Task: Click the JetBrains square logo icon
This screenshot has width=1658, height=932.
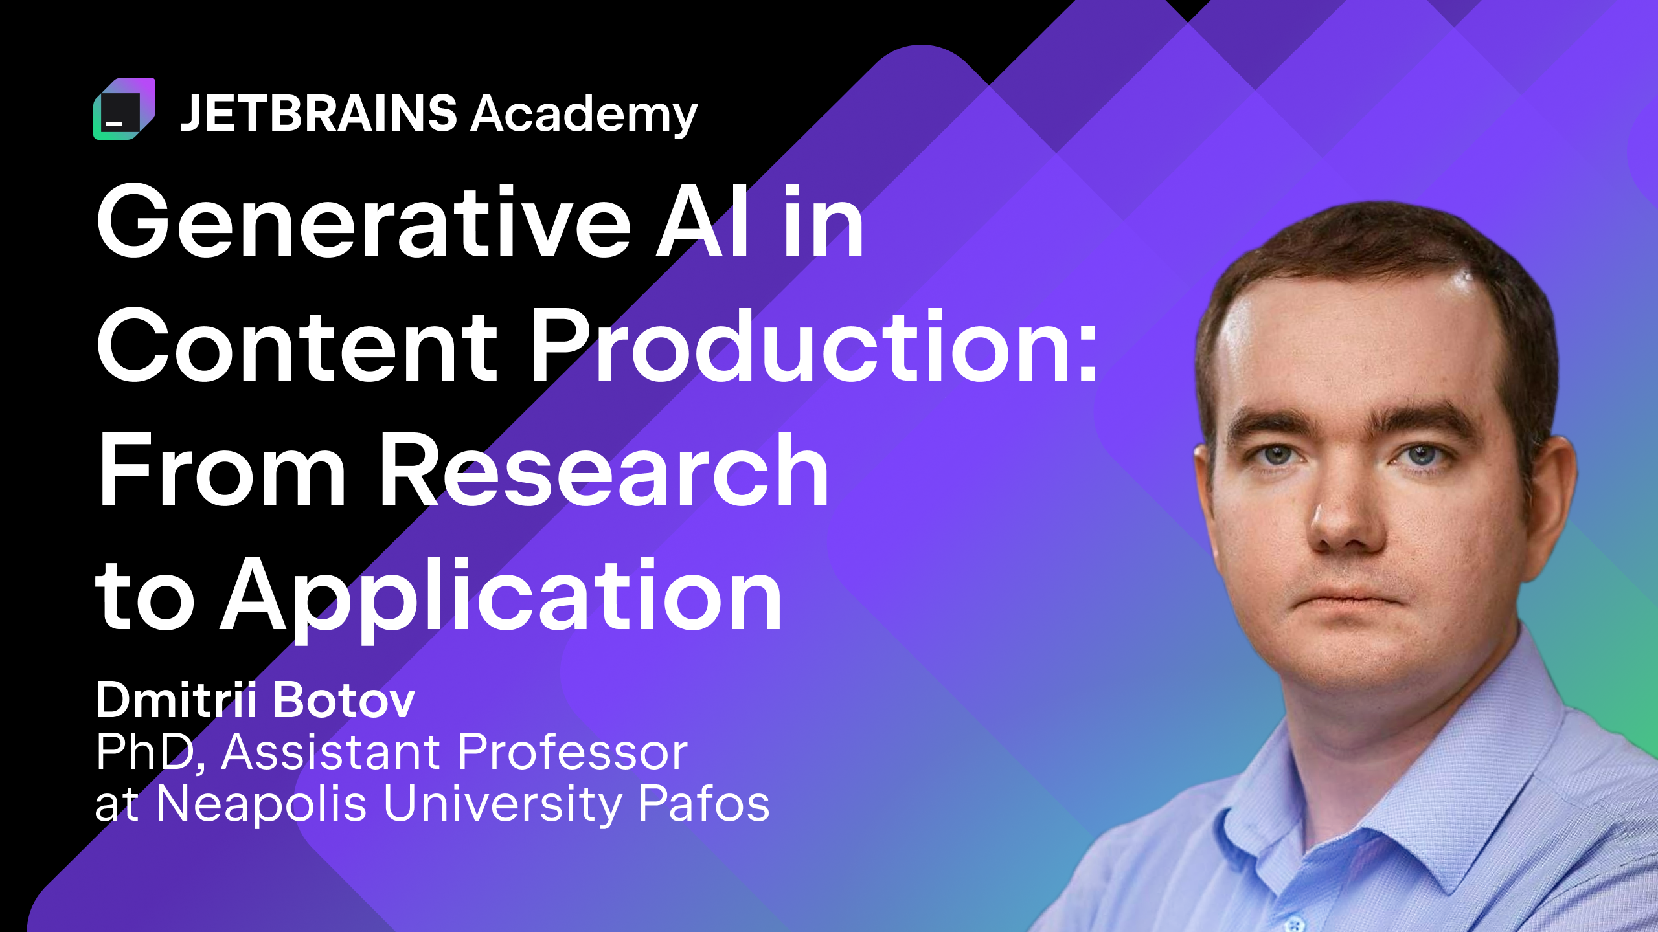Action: pyautogui.click(x=124, y=109)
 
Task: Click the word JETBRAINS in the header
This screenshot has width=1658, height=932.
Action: pyautogui.click(x=319, y=113)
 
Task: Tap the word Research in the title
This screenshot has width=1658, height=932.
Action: pyautogui.click(x=604, y=469)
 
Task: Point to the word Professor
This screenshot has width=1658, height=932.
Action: pyautogui.click(x=573, y=752)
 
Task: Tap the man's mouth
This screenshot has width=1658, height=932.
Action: pyautogui.click(x=1347, y=596)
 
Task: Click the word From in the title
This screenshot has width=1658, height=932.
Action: pyautogui.click(x=222, y=469)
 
